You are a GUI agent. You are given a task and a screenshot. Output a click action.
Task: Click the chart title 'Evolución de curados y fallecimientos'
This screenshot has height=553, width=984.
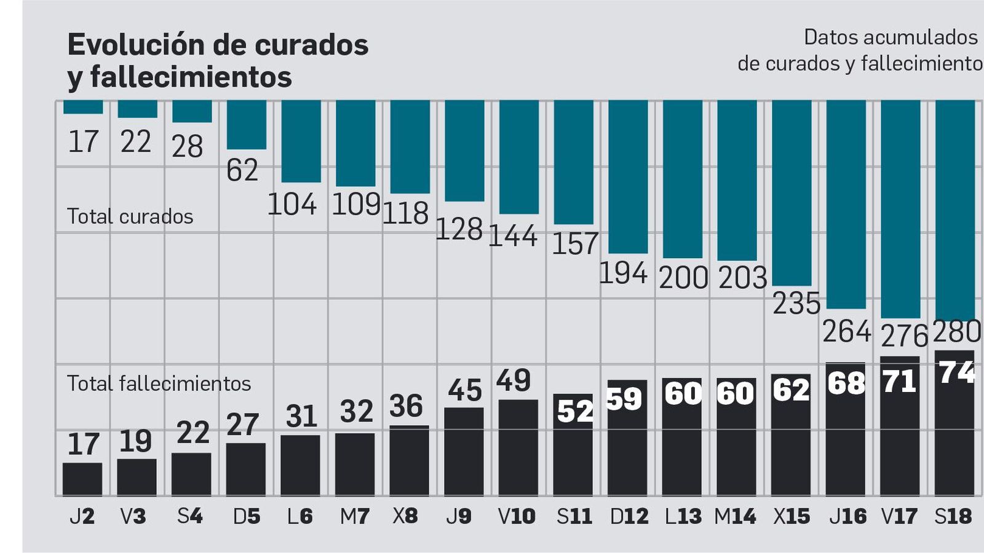tap(218, 61)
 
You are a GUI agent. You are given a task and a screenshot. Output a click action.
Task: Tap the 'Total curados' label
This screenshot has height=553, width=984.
tap(130, 216)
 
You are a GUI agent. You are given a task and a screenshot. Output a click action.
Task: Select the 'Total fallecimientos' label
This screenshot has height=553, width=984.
tap(159, 383)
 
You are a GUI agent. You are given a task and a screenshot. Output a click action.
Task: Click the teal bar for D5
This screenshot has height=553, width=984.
tap(247, 125)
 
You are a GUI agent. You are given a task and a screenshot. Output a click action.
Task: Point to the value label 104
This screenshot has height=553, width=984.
tap(292, 204)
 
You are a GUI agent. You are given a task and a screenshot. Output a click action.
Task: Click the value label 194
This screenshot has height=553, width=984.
tap(623, 273)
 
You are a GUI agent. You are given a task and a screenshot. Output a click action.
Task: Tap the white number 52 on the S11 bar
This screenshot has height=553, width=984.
tap(575, 411)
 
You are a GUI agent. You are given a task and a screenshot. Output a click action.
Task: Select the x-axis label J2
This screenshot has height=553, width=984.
tap(82, 516)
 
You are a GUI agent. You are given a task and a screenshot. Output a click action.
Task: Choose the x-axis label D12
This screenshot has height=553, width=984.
tap(629, 516)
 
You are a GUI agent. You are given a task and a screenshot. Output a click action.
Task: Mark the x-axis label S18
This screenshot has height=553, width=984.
tap(953, 516)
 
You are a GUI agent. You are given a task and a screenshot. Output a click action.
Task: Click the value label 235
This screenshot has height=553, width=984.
tap(796, 304)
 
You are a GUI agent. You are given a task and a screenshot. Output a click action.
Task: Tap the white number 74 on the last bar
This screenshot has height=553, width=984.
tap(957, 372)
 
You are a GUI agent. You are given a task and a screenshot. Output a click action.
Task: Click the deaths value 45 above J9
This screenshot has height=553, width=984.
tap(464, 390)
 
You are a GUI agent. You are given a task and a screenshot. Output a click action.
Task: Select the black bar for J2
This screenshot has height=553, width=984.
tap(82, 479)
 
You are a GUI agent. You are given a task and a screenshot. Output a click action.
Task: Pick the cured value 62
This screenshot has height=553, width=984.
tap(242, 170)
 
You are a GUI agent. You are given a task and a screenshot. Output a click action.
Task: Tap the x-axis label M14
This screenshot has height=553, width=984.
tap(735, 516)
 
